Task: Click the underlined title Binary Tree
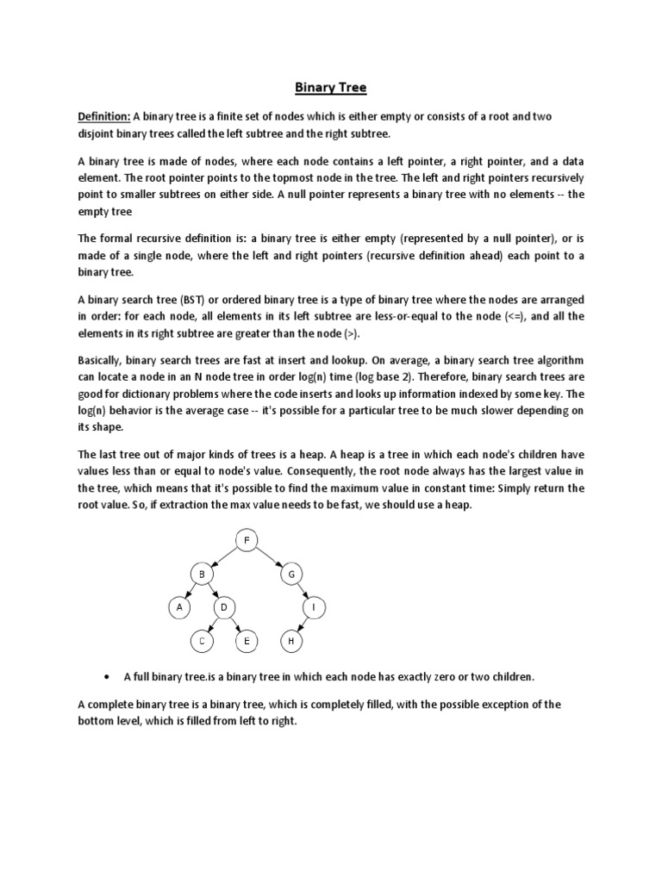click(331, 87)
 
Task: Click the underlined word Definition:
click(104, 117)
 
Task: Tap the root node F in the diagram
click(247, 540)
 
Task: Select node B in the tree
click(201, 574)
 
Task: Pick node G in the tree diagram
click(291, 574)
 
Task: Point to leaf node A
click(178, 607)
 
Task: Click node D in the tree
click(223, 607)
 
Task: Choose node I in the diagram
click(314, 607)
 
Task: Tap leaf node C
click(201, 641)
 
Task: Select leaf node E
click(247, 641)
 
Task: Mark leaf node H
click(291, 641)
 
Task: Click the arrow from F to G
click(269, 556)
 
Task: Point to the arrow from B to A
click(190, 590)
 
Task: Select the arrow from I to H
click(303, 624)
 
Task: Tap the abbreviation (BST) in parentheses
click(190, 300)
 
